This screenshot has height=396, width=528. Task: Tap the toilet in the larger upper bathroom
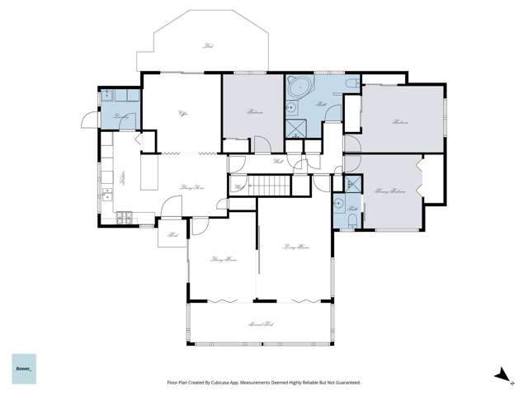click(x=351, y=84)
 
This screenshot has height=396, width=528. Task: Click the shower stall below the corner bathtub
click(x=295, y=127)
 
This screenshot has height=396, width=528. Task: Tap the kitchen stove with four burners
click(x=124, y=219)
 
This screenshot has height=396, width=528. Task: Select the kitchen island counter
click(x=149, y=174)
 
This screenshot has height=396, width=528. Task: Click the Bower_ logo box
click(x=24, y=367)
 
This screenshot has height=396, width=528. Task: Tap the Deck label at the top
click(x=207, y=46)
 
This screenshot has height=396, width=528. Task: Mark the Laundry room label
click(x=120, y=116)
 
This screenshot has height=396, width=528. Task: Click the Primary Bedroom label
click(x=391, y=191)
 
